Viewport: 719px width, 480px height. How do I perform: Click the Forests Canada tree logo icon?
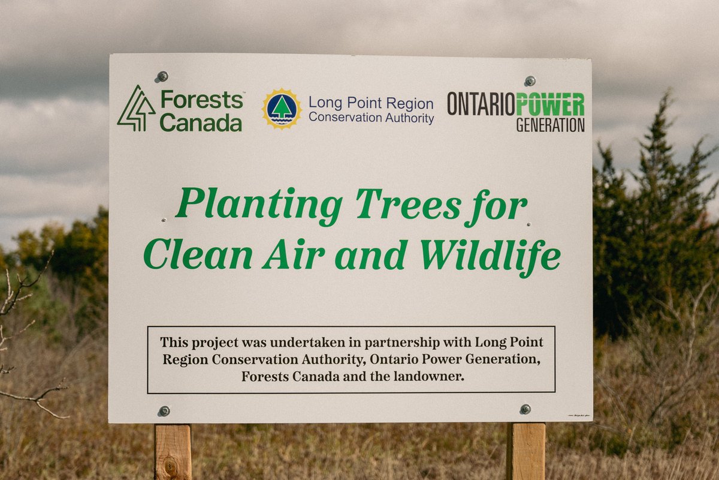(x=136, y=108)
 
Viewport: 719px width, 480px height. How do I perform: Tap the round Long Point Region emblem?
(x=282, y=109)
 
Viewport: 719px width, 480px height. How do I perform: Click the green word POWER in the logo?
(x=550, y=104)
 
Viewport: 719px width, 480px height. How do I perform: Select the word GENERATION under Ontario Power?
(x=550, y=125)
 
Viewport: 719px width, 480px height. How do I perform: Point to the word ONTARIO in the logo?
(x=481, y=104)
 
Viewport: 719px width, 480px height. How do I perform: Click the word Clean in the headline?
(x=198, y=256)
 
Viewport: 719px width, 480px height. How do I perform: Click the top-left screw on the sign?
(x=162, y=76)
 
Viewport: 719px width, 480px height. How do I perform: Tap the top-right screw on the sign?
(x=530, y=80)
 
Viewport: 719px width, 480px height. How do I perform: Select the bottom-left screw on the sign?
(x=164, y=410)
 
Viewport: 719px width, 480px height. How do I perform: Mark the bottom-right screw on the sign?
(x=525, y=409)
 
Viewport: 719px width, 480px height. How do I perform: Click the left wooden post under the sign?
(x=173, y=451)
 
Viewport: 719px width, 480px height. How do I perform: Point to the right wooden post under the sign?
(x=526, y=451)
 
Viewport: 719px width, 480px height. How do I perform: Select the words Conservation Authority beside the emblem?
(x=371, y=118)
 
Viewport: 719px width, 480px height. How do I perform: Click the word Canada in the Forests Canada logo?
(x=201, y=122)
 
